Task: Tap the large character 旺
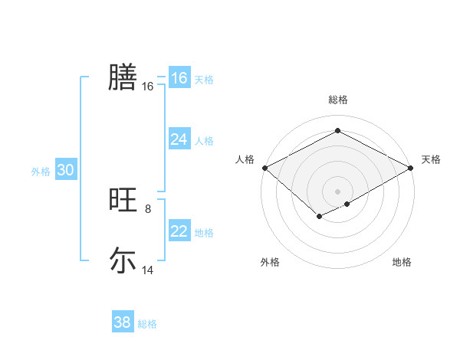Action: point(122,201)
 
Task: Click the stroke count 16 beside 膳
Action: point(148,87)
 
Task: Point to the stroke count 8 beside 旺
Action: point(148,208)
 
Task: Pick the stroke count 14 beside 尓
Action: point(148,270)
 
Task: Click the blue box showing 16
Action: point(179,78)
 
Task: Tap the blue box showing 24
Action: point(179,139)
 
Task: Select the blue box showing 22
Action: point(179,231)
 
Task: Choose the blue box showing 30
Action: point(65,171)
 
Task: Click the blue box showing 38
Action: point(122,322)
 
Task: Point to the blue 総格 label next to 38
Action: point(147,324)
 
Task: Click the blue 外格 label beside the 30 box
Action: point(41,172)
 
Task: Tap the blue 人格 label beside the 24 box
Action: point(204,141)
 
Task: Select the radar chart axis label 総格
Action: point(338,100)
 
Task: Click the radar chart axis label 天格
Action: point(431,159)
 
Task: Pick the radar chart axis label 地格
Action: point(402,262)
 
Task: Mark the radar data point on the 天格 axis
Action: point(412,168)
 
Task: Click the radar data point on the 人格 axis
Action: point(264,168)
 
